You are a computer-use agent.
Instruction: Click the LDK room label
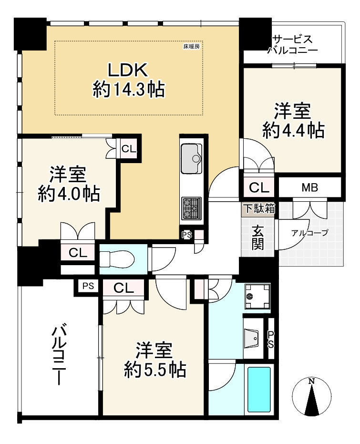click(128, 70)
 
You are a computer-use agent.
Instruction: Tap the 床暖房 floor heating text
click(191, 46)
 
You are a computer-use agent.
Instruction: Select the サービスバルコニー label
click(293, 44)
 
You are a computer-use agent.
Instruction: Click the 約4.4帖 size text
click(293, 130)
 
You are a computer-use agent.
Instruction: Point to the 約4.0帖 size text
click(69, 194)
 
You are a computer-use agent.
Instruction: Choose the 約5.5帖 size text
click(155, 369)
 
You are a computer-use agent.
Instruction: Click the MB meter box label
click(310, 187)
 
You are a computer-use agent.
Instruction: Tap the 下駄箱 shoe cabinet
click(259, 209)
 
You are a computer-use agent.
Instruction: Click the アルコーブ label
click(310, 233)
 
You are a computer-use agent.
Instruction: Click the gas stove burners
click(192, 208)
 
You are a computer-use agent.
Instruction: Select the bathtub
click(259, 389)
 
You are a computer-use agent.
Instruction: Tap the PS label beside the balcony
click(88, 286)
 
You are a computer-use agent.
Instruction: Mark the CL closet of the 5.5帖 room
click(123, 288)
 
